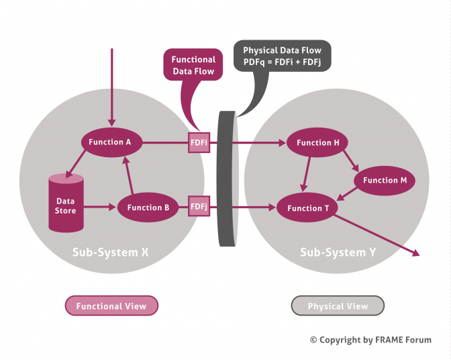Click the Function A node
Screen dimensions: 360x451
(110, 142)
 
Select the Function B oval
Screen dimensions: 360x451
(148, 208)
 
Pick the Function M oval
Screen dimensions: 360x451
(385, 180)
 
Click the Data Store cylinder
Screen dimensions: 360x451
(66, 203)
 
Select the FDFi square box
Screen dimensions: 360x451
(198, 142)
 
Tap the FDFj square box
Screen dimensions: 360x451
(198, 207)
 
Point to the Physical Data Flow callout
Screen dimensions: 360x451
(282, 54)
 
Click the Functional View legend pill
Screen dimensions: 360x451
(111, 306)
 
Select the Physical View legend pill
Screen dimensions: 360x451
(338, 306)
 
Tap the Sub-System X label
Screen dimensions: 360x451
(111, 253)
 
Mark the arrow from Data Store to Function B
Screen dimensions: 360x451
(99, 208)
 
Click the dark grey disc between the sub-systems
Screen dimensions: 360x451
(227, 178)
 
